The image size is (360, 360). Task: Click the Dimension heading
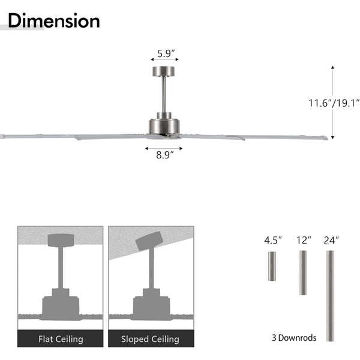[54, 20]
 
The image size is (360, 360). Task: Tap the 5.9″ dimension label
[166, 53]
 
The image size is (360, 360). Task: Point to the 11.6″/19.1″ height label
[334, 103]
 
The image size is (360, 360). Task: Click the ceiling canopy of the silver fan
[163, 71]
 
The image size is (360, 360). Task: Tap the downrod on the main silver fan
[164, 94]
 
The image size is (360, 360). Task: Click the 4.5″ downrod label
[273, 241]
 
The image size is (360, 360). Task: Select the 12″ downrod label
[304, 241]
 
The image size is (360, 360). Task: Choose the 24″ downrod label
[331, 241]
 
